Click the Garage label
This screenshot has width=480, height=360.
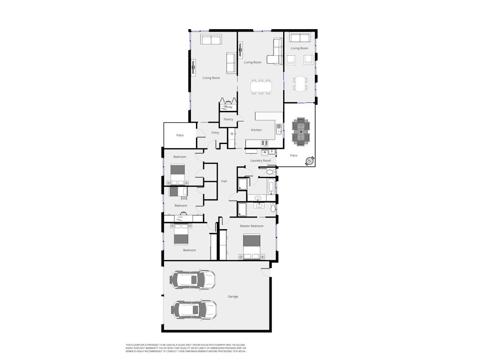pyautogui.click(x=233, y=296)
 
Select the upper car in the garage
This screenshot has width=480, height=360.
pyautogui.click(x=193, y=280)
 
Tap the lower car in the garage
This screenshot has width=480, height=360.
pyautogui.click(x=194, y=309)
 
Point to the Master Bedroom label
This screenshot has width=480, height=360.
pyautogui.click(x=252, y=226)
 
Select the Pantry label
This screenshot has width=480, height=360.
pyautogui.click(x=228, y=119)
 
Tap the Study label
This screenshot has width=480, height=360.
pyautogui.click(x=228, y=107)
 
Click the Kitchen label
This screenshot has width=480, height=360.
pyautogui.click(x=256, y=130)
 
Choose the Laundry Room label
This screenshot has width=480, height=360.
pyautogui.click(x=260, y=160)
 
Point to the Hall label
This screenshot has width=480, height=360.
pyautogui.click(x=224, y=181)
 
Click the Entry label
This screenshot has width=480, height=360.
pyautogui.click(x=215, y=133)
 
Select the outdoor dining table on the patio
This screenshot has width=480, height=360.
pyautogui.click(x=301, y=131)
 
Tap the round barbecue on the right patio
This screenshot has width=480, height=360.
pyautogui.click(x=309, y=161)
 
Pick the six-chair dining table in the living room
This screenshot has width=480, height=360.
pyautogui.click(x=261, y=87)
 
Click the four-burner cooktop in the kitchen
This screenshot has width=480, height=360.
pyautogui.click(x=265, y=143)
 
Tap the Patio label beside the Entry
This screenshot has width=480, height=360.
pyautogui.click(x=180, y=135)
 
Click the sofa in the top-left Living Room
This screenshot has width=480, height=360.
pyautogui.click(x=211, y=40)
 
